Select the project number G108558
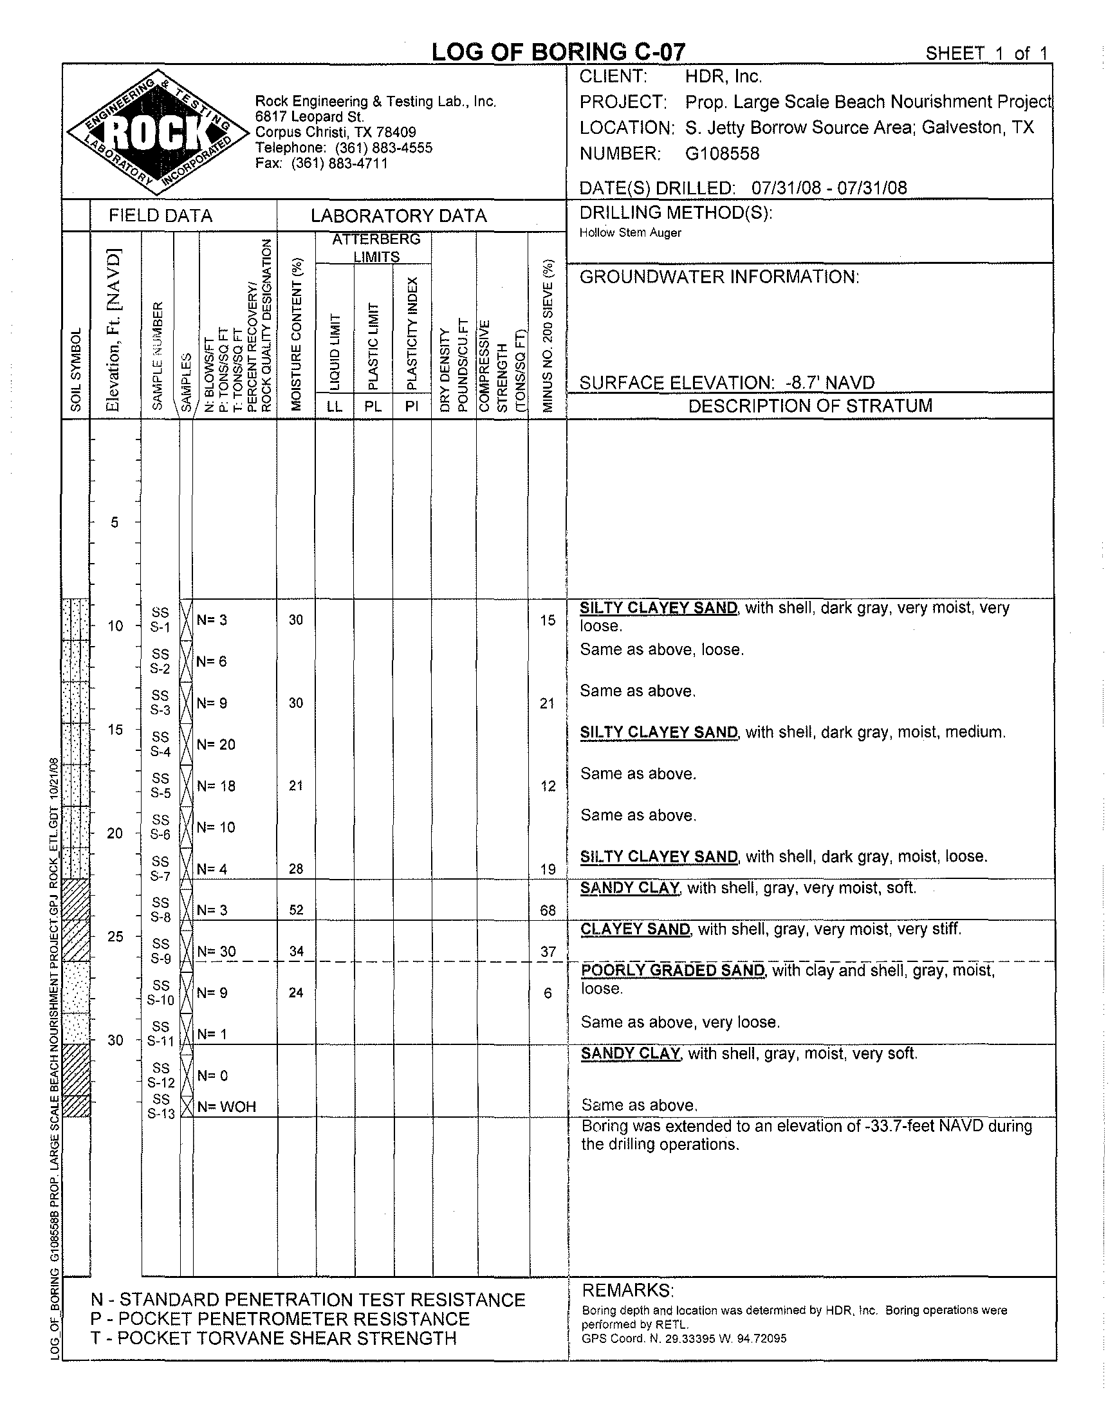[722, 154]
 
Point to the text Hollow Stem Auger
[630, 233]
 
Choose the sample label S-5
[160, 793]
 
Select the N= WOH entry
[226, 1107]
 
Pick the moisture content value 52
[296, 910]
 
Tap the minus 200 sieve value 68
[548, 911]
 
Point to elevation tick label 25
[115, 937]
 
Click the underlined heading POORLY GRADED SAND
[672, 970]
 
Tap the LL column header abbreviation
[334, 406]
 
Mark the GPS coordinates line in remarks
[683, 1338]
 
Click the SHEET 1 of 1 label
[986, 53]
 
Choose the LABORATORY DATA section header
[398, 216]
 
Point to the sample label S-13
[161, 1113]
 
